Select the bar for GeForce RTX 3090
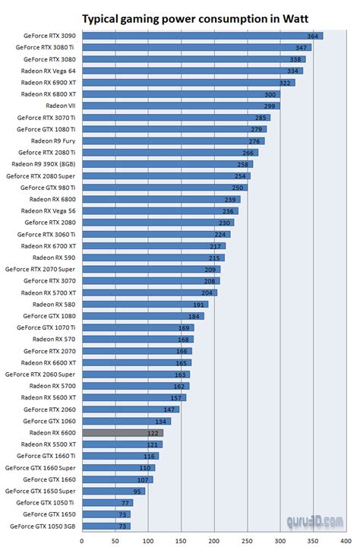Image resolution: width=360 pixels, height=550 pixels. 201,36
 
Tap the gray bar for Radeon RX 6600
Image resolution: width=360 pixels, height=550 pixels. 122,432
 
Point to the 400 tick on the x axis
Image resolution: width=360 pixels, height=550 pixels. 346,542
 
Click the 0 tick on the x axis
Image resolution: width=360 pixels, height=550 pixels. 82,542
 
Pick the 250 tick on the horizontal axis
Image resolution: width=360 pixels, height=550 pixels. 247,542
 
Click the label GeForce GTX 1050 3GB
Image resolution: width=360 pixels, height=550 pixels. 43,526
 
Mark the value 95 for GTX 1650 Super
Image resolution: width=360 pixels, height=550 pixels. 136,491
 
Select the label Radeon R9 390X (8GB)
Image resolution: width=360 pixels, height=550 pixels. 44,164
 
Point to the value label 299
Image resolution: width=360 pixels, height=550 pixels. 270,106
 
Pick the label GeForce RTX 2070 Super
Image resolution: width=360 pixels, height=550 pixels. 41,269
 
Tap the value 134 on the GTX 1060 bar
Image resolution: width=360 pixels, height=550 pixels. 162,421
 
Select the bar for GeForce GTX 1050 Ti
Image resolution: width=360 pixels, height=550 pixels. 107,502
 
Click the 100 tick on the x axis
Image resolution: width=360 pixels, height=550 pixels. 148,542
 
